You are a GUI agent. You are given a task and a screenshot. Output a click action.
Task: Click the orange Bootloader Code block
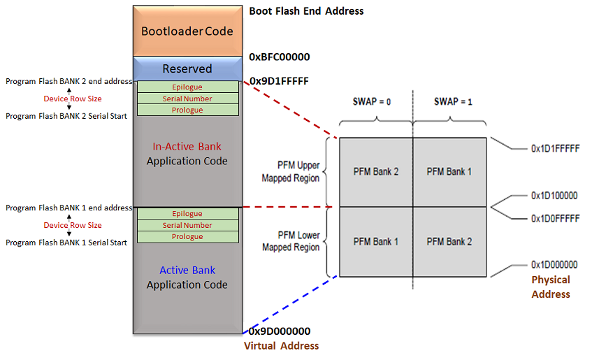187,31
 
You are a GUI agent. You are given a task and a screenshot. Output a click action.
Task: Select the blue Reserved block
187,69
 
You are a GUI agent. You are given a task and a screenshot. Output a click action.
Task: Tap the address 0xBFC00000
279,57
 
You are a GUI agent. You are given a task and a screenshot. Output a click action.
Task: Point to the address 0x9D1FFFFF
278,81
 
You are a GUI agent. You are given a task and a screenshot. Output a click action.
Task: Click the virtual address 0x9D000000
280,331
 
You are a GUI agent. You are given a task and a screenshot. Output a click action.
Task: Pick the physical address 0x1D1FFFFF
554,149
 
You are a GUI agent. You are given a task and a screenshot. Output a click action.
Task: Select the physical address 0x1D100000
554,196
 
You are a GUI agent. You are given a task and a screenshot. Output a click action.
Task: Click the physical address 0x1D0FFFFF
554,219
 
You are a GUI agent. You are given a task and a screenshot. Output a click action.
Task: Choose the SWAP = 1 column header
453,101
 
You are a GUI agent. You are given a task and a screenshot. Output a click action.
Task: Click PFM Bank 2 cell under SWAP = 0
375,172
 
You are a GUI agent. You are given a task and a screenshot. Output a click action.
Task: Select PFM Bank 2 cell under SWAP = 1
449,242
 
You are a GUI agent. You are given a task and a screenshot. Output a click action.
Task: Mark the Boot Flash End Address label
306,11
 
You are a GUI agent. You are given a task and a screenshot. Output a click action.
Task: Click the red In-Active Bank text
187,147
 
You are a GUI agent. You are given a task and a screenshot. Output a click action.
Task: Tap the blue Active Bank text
187,271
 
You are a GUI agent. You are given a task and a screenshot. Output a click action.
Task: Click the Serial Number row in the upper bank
187,99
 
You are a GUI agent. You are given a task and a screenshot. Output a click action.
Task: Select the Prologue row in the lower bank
187,237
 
